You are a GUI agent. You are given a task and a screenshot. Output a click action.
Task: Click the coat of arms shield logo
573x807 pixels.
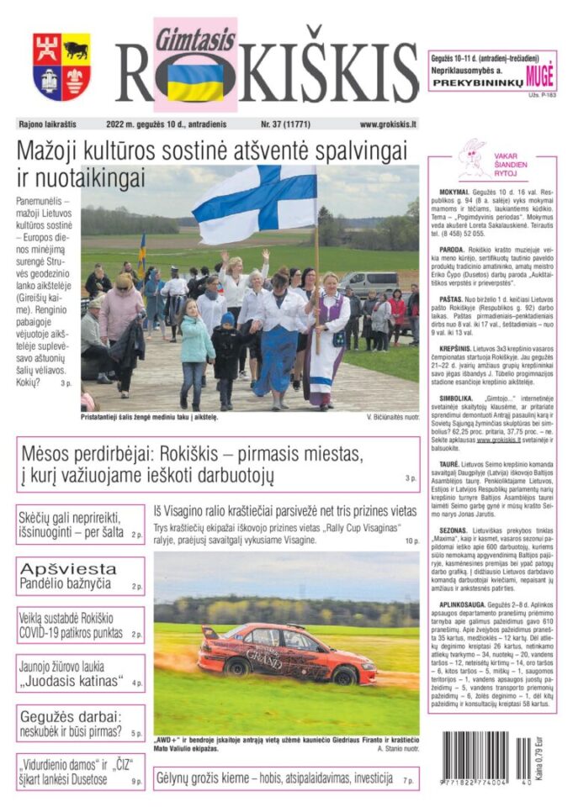coord(61,66)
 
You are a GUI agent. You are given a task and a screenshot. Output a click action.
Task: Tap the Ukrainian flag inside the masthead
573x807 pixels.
coord(195,82)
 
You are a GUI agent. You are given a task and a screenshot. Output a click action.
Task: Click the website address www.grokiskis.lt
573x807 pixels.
coord(388,124)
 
